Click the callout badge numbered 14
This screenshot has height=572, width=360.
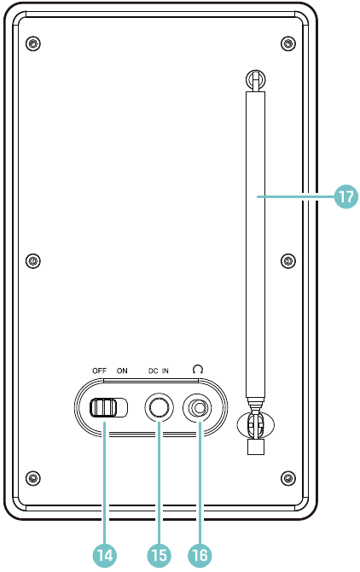coord(105,555)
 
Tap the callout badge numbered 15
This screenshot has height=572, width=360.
coord(160,555)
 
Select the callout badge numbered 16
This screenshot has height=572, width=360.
coord(200,555)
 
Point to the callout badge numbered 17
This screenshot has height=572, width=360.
coord(345,196)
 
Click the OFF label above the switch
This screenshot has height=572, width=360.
coord(99,371)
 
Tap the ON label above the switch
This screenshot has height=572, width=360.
coord(122,371)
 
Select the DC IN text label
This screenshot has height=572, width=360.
coord(158,371)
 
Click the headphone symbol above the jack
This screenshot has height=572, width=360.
coord(198,370)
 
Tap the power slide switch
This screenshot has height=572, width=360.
coord(109,407)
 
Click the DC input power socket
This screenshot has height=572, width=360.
coord(159,407)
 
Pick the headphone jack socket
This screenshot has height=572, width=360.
coord(198,407)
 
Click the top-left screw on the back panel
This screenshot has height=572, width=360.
coord(33,44)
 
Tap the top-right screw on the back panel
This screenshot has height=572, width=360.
coord(288,44)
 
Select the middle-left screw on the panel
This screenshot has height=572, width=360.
coord(33,261)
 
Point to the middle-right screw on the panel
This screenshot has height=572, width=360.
coord(288,261)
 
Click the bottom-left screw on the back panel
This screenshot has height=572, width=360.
coord(33,477)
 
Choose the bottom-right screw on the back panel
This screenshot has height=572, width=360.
coord(288,477)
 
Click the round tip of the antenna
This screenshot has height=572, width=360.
coord(255,79)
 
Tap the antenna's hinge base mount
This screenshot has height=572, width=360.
coord(255,426)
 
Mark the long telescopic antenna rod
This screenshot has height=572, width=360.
coord(255,244)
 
